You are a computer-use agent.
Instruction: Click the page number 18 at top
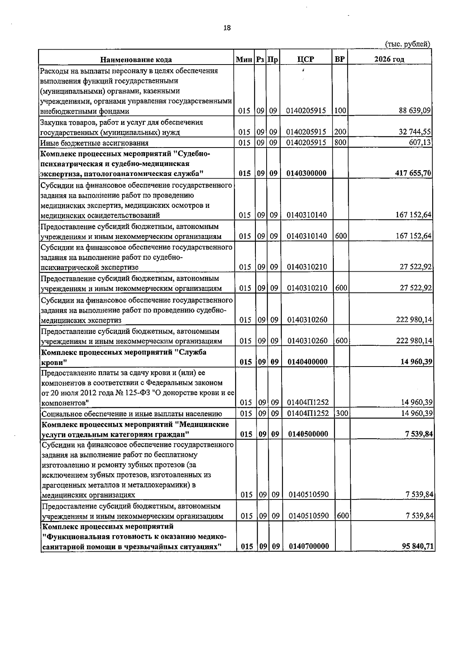pos(227,28)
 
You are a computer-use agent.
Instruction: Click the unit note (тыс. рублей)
pos(407,44)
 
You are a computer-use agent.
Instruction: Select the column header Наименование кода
pos(136,60)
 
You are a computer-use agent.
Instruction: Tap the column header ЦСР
pos(305,59)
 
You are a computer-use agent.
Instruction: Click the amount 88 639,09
pos(415,111)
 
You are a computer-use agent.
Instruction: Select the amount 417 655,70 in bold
pos(413,173)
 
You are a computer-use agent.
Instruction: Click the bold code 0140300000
pos(306,173)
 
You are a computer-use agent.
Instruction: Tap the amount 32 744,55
pos(415,132)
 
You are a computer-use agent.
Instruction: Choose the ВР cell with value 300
pos(341,413)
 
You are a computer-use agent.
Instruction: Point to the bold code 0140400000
pos(307,362)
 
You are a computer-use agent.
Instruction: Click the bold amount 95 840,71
pos(418,546)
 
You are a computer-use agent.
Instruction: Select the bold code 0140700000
pos(309,546)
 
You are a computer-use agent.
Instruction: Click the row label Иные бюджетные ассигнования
pos(95,143)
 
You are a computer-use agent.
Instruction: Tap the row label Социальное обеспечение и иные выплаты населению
pos(132,414)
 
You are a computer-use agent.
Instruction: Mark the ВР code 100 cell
pos(340,111)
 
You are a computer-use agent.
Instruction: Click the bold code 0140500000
pos(308,434)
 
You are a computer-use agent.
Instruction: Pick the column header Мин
pos(244,60)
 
